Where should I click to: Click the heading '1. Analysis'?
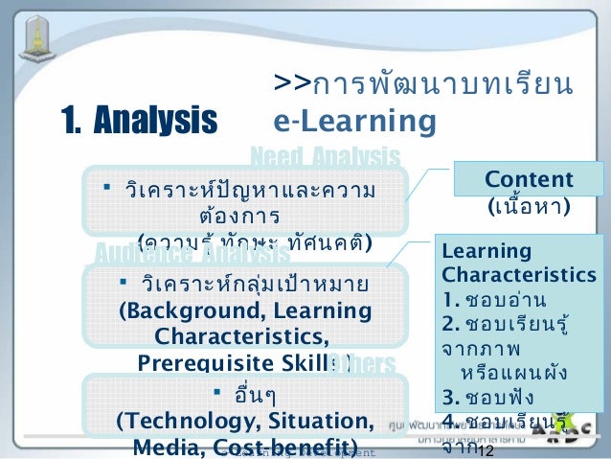[139, 121]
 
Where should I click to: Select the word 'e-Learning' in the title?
[354, 122]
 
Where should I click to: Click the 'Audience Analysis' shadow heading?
[192, 255]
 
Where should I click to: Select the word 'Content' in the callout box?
[529, 180]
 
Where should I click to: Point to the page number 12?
[484, 450]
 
